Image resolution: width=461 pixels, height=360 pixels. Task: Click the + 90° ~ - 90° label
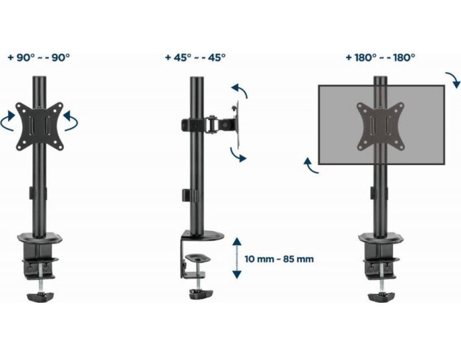tap(39, 57)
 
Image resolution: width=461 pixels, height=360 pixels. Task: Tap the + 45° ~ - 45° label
tap(195, 57)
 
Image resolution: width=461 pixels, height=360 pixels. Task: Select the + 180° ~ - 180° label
tap(380, 57)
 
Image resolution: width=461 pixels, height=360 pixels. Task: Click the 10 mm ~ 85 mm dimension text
tap(279, 259)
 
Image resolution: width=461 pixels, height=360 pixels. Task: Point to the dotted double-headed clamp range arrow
tap(237, 258)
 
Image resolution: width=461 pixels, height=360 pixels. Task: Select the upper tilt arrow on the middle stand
tap(240, 90)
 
